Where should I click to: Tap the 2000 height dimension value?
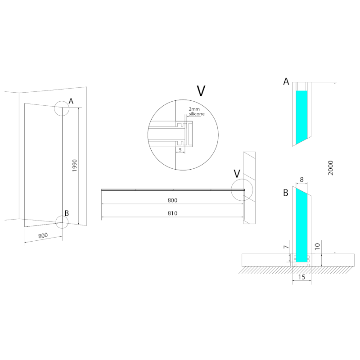(x=331, y=168)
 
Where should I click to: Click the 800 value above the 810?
(x=173, y=200)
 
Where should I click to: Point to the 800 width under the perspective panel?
(x=43, y=235)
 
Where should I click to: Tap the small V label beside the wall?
(x=237, y=174)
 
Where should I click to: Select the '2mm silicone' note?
(x=196, y=112)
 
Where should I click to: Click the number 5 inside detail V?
(x=180, y=149)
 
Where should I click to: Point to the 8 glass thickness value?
(x=301, y=179)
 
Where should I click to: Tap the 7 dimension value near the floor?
(x=285, y=248)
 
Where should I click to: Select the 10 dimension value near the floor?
(x=317, y=247)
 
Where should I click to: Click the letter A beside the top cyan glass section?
(x=286, y=81)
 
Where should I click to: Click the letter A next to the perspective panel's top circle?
(x=71, y=101)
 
